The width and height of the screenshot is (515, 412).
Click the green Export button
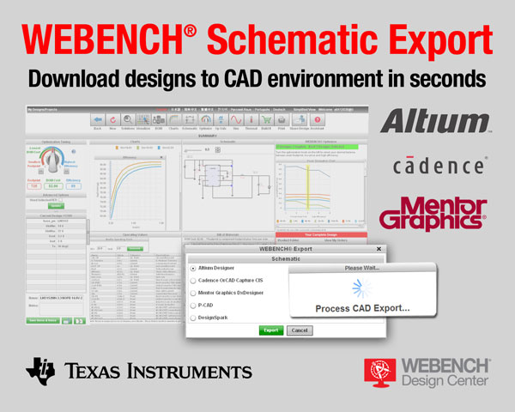(271, 330)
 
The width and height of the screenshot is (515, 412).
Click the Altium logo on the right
(436, 121)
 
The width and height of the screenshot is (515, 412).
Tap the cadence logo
(439, 165)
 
